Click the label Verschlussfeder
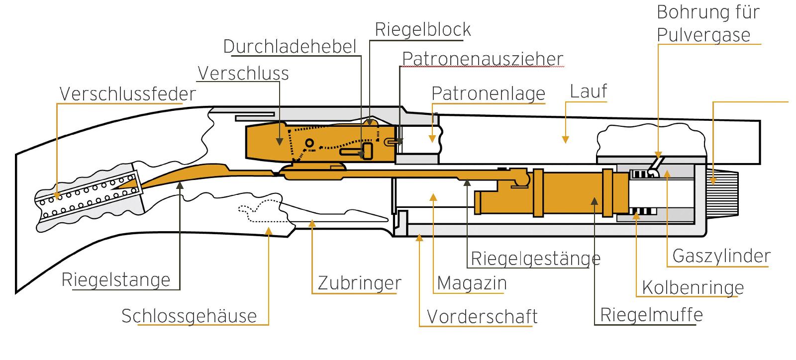128,94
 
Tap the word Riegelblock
423,29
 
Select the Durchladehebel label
290,47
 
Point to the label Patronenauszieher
483,59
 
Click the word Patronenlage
488,93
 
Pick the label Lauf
589,91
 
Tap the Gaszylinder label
721,256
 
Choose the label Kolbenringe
693,287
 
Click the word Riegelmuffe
651,315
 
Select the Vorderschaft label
482,317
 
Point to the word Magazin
472,283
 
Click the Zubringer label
359,283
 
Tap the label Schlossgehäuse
189,316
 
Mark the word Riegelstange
116,280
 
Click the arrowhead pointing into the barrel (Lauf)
565,140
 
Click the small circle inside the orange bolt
309,143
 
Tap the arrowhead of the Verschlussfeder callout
57,195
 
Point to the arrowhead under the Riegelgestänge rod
467,183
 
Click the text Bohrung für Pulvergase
708,23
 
